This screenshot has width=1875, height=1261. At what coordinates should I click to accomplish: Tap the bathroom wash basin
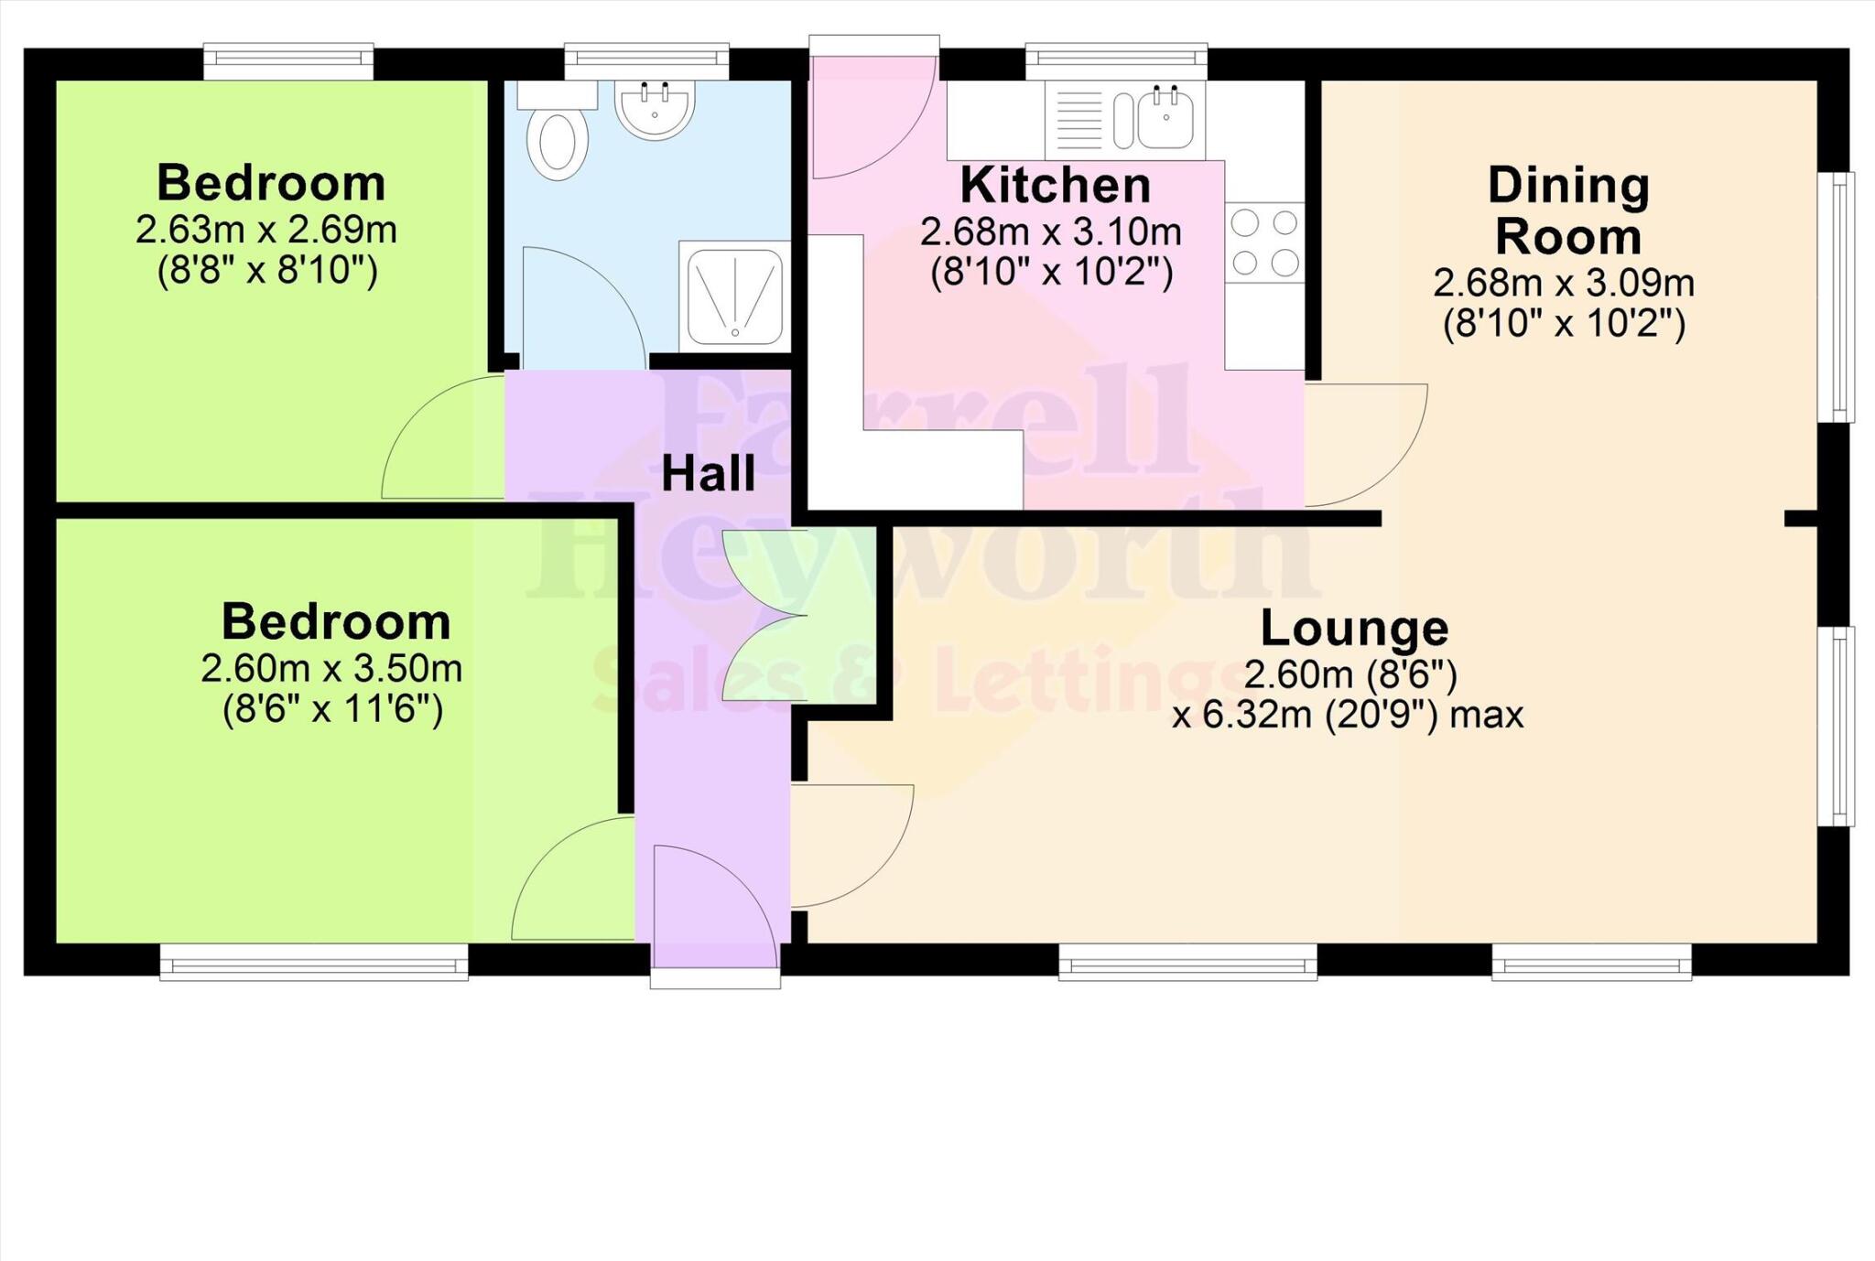pos(654,110)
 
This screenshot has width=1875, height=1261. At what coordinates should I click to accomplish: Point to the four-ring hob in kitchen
pos(1264,242)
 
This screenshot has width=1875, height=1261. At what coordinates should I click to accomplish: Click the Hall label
pos(708,474)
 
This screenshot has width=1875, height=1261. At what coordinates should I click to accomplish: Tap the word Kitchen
pos(1055,186)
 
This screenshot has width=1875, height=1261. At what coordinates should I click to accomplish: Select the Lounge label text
pos(1353,628)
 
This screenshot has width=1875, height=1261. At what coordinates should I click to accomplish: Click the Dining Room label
pos(1567,210)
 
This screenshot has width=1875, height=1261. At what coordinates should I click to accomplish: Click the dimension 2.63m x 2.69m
pos(266,230)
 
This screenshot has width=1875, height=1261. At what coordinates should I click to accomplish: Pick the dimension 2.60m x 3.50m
pos(331,669)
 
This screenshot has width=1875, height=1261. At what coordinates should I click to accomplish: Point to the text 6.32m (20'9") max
pos(1348,715)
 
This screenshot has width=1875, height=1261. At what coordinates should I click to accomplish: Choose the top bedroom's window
pos(287,61)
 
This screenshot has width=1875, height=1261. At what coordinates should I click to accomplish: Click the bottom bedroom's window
pos(313,963)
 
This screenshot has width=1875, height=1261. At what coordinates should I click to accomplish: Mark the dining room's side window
pos(1837,297)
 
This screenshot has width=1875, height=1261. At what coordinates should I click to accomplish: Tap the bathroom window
pos(646,61)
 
